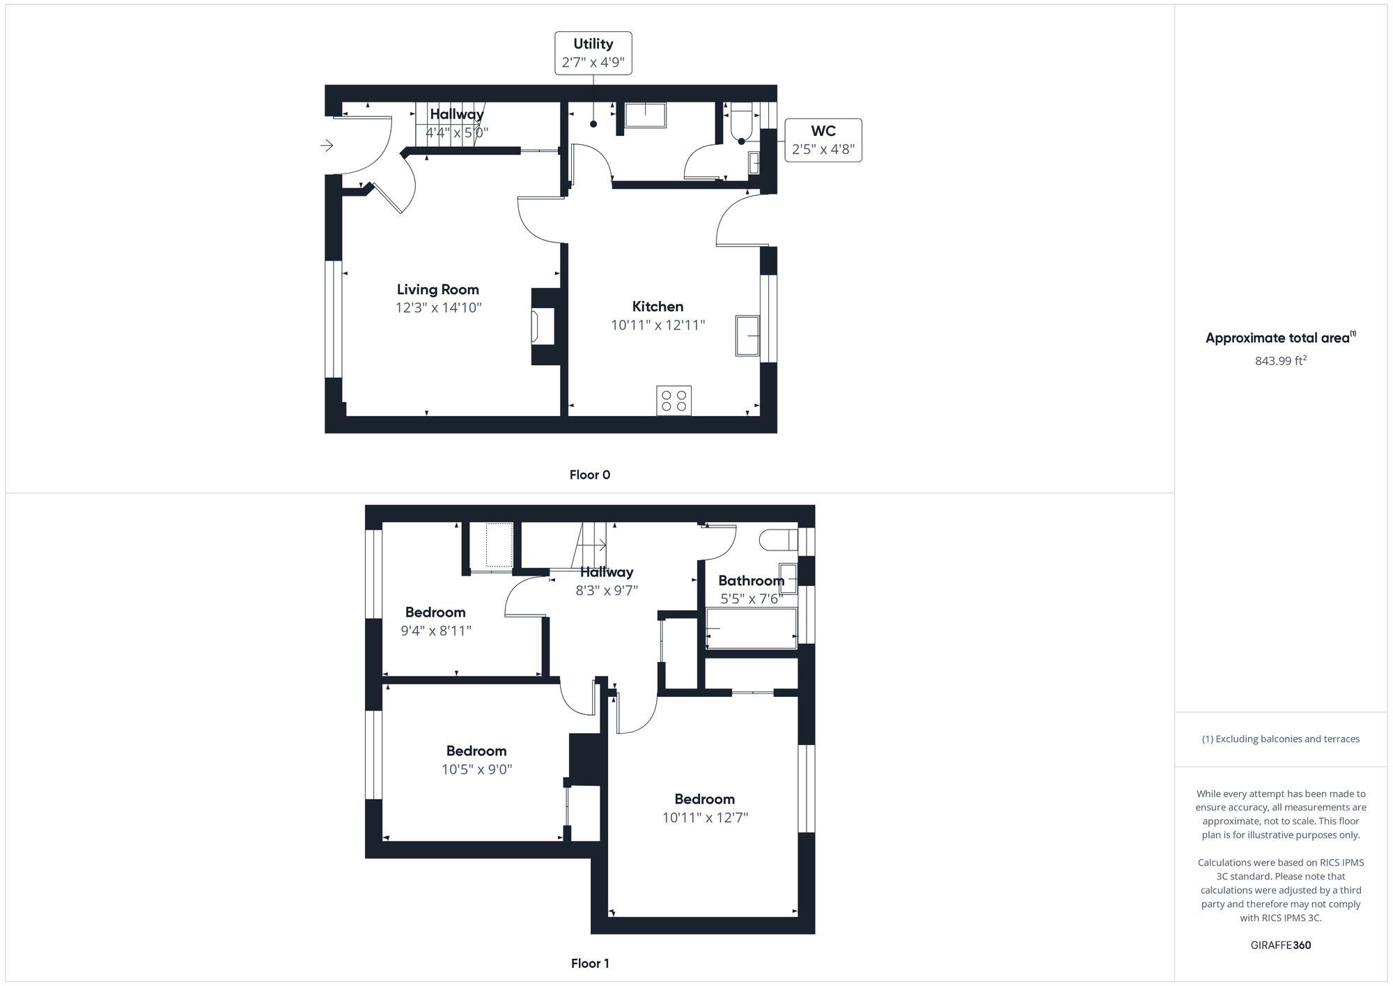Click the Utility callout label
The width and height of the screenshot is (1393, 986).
pyautogui.click(x=593, y=53)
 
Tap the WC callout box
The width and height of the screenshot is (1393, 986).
pyautogui.click(x=823, y=140)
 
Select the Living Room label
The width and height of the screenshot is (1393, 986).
pyautogui.click(x=437, y=289)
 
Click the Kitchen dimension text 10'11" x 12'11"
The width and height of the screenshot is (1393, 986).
pyautogui.click(x=657, y=325)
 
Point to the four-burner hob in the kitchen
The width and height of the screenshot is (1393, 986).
pyautogui.click(x=674, y=401)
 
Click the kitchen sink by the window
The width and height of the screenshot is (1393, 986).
pyautogui.click(x=747, y=336)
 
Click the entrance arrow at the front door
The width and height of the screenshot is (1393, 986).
pyautogui.click(x=327, y=145)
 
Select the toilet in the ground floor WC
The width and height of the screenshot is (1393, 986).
pyautogui.click(x=741, y=124)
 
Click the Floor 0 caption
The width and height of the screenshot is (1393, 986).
pyautogui.click(x=589, y=475)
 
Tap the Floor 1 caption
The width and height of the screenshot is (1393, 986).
pyautogui.click(x=589, y=963)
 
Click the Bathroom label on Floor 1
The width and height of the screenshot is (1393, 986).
pyautogui.click(x=751, y=580)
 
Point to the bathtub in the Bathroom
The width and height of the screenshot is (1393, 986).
pyautogui.click(x=751, y=629)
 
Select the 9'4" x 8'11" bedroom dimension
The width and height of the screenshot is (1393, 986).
pyautogui.click(x=435, y=631)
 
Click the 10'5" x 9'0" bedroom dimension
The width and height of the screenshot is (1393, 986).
pyautogui.click(x=476, y=769)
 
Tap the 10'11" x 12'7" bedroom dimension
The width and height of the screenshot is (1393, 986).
pyautogui.click(x=705, y=817)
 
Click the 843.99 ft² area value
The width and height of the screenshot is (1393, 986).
pyautogui.click(x=1280, y=361)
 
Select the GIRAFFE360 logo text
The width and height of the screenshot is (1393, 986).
pyautogui.click(x=1280, y=945)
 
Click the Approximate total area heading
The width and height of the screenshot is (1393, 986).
pyautogui.click(x=1279, y=338)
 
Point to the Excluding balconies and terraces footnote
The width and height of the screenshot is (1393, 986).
pyautogui.click(x=1280, y=739)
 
